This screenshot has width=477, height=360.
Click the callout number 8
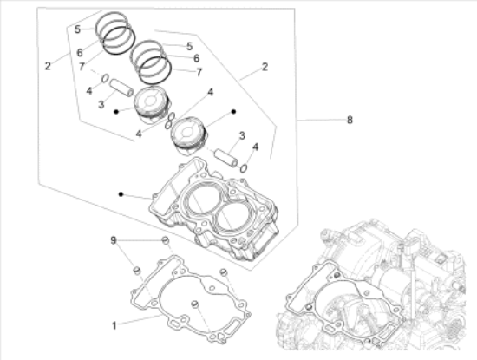pos(350,120)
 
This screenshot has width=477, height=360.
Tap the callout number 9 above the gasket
pos(113,240)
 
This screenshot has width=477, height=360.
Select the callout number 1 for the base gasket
pos(114,325)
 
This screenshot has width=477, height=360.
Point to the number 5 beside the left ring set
pos(77,29)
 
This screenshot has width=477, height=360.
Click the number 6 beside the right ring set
pos(197,58)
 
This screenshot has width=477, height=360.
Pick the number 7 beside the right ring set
pos(199,72)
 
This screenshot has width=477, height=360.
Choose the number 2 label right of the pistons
pos(265,67)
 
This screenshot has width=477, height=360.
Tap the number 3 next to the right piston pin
pos(242,135)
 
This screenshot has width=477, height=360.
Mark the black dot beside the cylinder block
pos(121,193)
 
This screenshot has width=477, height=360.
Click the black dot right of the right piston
pos(233,112)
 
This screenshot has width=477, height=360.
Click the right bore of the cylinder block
pos(232,219)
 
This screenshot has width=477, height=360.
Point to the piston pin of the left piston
pos(121,88)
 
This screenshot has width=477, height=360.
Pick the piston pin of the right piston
pos(226,158)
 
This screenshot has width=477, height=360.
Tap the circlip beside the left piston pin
pos(105,79)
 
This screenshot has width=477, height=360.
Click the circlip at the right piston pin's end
pos(244,168)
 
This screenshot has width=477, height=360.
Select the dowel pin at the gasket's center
pos(194,304)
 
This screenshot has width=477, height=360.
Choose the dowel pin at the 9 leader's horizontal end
pos(165,239)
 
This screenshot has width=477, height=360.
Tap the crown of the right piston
pos(188,131)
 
